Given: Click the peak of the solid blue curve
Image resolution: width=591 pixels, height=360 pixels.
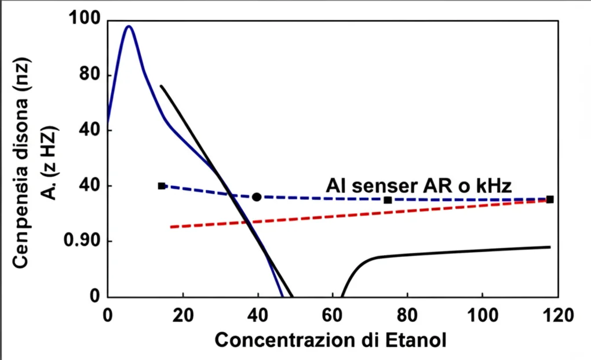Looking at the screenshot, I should point(129,27).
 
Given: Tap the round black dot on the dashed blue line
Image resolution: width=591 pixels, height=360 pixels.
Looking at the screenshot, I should point(257,197).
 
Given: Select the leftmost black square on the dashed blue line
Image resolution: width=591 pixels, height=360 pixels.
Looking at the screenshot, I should point(162,186).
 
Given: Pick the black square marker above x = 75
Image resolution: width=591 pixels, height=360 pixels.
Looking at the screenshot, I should point(388,200).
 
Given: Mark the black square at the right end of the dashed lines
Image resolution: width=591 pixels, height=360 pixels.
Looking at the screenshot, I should point(550,199).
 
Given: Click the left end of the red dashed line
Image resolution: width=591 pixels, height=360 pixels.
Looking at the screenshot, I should point(172,227).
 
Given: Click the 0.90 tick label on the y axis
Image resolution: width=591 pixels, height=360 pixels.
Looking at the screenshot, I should point(80,241).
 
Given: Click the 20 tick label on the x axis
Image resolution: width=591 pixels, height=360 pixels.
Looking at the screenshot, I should point(183,316).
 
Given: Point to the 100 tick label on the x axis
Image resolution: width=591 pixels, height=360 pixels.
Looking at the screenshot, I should point(483,316).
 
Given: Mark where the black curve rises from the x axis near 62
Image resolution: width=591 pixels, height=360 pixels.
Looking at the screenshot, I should point(342,295).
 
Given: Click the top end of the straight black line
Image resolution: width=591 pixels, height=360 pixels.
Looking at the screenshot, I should point(162,86).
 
